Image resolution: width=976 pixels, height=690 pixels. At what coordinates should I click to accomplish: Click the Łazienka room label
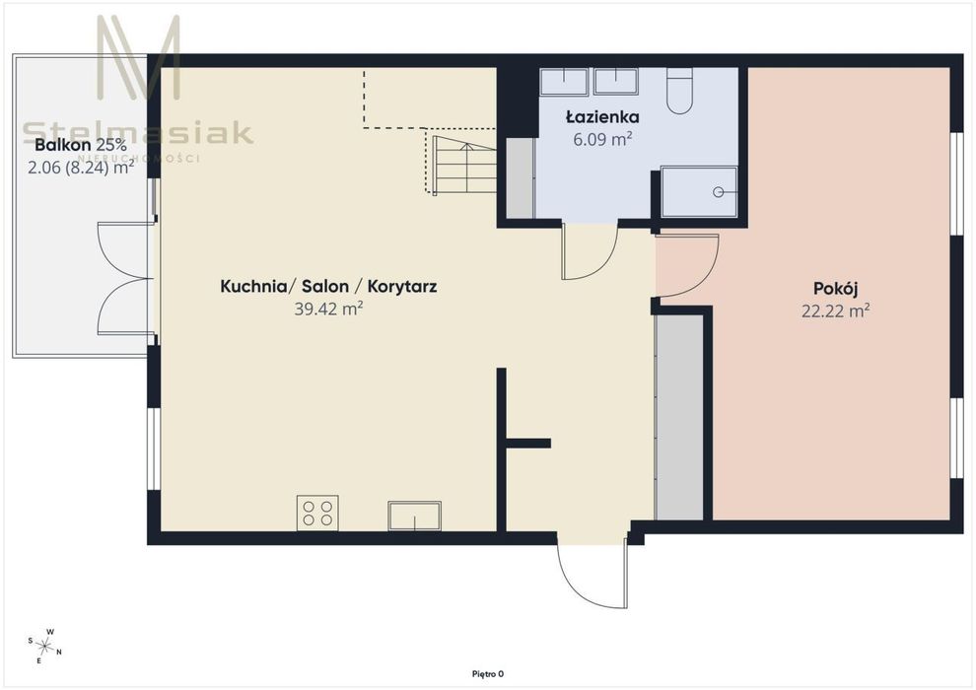pyautogui.click(x=602, y=116)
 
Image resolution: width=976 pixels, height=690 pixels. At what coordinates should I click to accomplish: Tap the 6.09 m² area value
pyautogui.click(x=602, y=139)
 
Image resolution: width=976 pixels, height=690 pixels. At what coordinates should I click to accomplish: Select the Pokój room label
pyautogui.click(x=836, y=290)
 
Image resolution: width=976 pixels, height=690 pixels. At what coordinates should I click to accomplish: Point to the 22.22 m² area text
pyautogui.click(x=835, y=310)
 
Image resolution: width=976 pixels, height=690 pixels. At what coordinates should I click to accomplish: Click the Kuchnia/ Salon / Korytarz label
pyautogui.click(x=328, y=286)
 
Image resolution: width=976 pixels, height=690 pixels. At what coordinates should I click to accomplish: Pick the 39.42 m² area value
pyautogui.click(x=328, y=309)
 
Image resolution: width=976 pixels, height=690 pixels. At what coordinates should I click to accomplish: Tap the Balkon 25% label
pyautogui.click(x=81, y=146)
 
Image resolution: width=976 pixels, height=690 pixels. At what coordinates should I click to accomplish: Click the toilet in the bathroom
pyautogui.click(x=679, y=91)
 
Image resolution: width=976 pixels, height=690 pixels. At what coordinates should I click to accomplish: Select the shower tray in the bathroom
pyautogui.click(x=698, y=191)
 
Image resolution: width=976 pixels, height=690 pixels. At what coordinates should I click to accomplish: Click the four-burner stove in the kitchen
pyautogui.click(x=317, y=514)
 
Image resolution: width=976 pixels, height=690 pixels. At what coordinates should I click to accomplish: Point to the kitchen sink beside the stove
pyautogui.click(x=414, y=516)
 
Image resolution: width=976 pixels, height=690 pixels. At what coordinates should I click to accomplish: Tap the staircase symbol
pyautogui.click(x=464, y=165)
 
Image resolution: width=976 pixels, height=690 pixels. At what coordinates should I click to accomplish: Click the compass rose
pyautogui.click(x=45, y=646)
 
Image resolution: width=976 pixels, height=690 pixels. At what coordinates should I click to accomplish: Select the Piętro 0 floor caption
pyautogui.click(x=488, y=674)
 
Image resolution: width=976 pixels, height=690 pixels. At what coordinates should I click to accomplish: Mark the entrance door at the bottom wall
pyautogui.click(x=592, y=571)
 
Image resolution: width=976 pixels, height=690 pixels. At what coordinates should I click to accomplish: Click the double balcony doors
pyautogui.click(x=125, y=278)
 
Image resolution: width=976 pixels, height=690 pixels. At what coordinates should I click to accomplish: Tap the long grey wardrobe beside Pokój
pyautogui.click(x=679, y=418)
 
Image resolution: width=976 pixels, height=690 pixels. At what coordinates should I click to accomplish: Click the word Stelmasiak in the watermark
pyautogui.click(x=138, y=132)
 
